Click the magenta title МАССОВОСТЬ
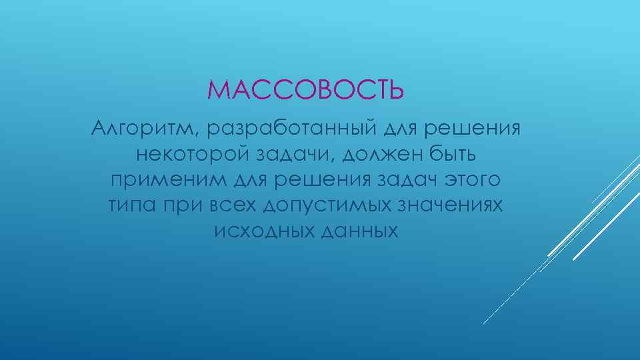pyautogui.click(x=305, y=89)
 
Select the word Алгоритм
pyautogui.click(x=137, y=127)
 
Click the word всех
pyautogui.click(x=231, y=206)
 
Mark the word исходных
pyautogui.click(x=258, y=231)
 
